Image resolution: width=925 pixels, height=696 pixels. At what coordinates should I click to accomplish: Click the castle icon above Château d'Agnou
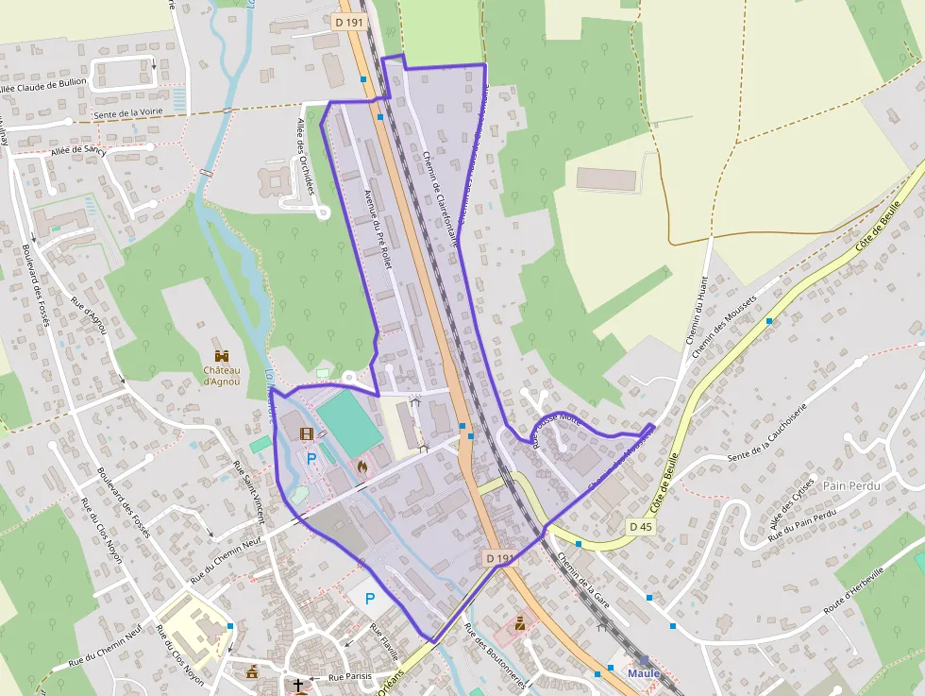222,356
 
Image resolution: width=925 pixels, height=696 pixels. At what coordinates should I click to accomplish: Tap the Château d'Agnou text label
222,376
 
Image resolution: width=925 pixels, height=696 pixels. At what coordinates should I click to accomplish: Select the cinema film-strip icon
307,434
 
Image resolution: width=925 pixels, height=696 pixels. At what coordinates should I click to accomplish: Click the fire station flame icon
362,466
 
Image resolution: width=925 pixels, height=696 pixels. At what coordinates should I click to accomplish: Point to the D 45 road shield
640,526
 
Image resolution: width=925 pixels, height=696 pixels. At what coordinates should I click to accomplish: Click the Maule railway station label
644,673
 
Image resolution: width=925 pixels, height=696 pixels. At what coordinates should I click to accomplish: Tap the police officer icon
520,624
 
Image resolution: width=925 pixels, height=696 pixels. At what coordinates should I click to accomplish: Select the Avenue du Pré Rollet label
378,229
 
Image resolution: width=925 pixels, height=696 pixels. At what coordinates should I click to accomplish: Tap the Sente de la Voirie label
130,114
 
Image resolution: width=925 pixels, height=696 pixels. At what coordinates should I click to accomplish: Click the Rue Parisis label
350,677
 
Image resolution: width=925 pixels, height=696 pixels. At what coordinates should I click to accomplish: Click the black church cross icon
298,685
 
